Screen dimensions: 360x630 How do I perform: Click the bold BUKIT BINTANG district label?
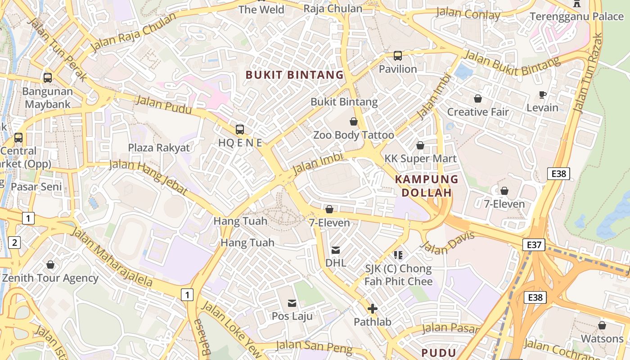[295, 75]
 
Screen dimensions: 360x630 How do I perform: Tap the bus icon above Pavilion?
[398, 56]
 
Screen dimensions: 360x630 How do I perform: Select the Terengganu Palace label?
[576, 17]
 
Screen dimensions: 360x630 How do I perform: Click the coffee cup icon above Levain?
[543, 94]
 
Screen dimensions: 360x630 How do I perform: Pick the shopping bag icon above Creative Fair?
[478, 99]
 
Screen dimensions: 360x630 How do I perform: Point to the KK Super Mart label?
[420, 158]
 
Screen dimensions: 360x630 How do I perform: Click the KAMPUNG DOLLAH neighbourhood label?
[427, 186]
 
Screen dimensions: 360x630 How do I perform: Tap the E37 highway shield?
[534, 245]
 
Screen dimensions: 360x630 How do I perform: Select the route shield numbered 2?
[15, 243]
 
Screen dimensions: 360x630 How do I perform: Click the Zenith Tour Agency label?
[50, 278]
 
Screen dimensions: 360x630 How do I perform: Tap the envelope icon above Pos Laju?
[292, 303]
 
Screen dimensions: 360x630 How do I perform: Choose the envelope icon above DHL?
[336, 250]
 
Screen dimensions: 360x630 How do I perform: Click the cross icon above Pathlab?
[372, 309]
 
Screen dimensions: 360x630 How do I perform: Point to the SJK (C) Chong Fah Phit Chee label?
[398, 275]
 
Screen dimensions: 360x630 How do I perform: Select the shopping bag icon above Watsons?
[602, 325]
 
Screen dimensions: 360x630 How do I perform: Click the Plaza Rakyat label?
[159, 148]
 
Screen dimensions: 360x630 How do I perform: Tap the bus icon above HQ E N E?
[240, 130]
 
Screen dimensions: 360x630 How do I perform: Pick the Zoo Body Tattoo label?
[353, 135]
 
